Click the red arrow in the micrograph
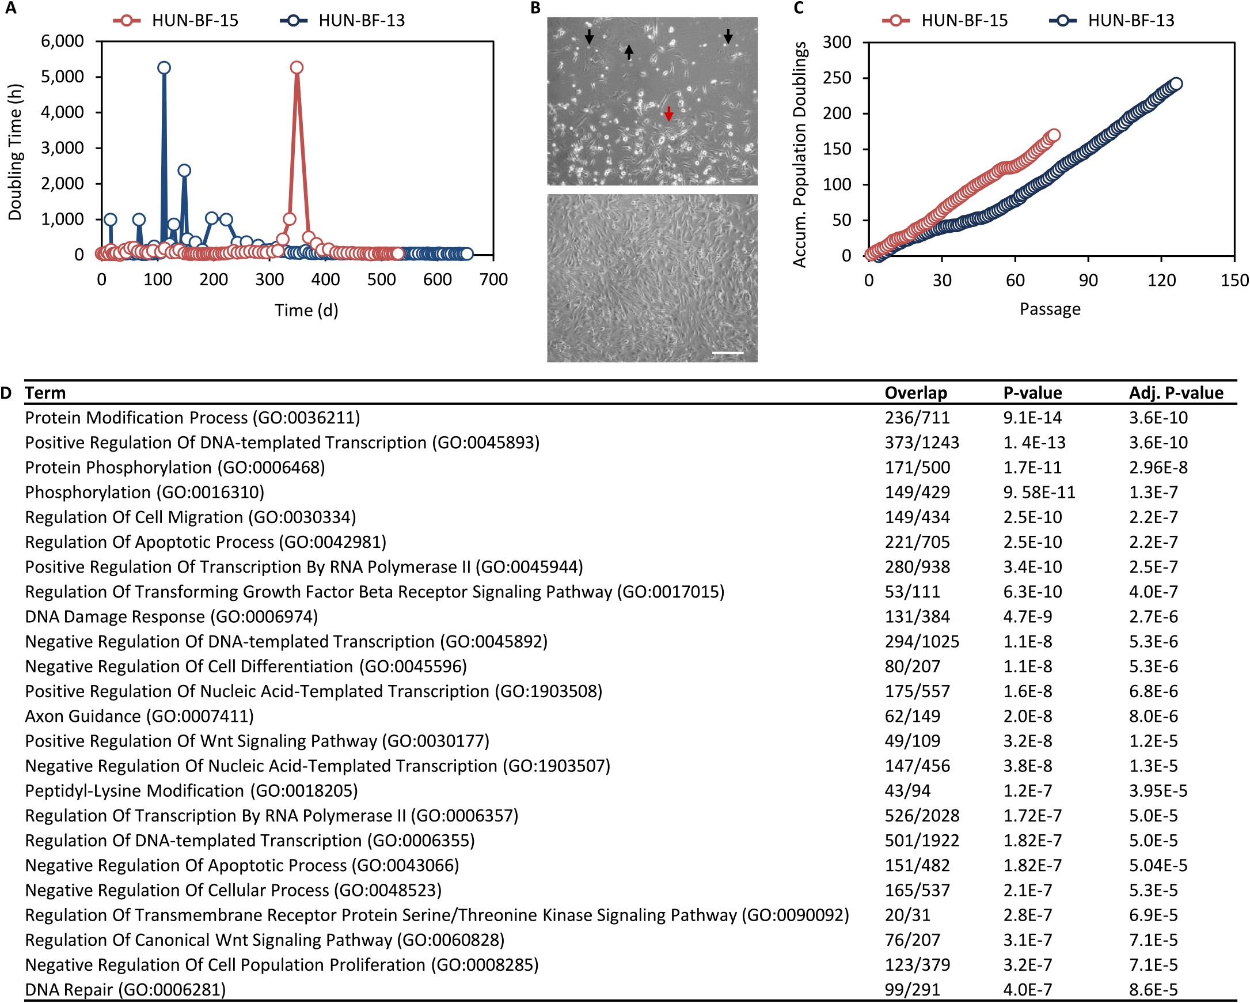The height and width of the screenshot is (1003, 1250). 668,113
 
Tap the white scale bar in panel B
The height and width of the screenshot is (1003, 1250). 727,353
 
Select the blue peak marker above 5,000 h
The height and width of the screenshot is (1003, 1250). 164,68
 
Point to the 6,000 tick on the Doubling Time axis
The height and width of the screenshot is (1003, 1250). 62,41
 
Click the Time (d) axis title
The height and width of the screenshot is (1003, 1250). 306,311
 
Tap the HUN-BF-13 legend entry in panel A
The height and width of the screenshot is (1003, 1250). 343,20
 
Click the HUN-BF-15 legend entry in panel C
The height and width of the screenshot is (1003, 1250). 945,20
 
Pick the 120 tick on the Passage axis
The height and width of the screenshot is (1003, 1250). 1161,281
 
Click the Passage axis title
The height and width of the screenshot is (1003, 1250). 1050,309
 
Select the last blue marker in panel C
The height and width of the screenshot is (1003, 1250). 1176,84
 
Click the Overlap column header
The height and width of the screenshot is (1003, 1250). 915,393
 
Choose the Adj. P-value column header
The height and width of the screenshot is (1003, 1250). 1176,393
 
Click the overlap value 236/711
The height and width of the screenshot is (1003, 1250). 917,418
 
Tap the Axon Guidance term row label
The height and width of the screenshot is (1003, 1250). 139,716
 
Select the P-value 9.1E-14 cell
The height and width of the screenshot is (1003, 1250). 1032,418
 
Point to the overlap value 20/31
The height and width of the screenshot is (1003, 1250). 907,915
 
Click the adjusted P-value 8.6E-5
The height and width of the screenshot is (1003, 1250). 1153,989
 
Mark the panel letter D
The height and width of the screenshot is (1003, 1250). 6,393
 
